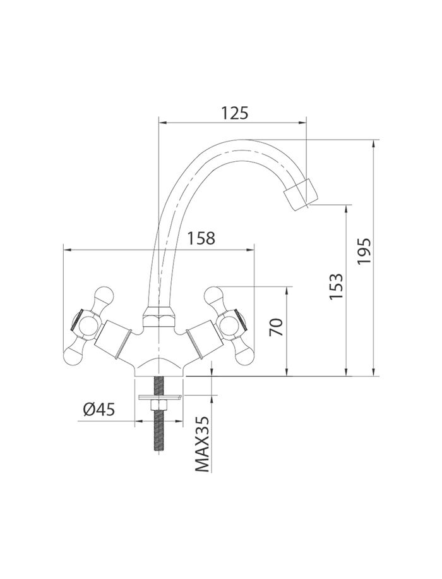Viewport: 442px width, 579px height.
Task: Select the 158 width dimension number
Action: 201,238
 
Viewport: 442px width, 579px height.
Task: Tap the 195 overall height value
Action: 364,251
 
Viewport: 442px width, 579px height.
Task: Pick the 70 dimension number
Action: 276,327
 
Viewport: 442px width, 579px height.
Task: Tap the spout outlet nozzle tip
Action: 301,194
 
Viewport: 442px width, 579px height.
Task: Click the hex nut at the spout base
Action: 158,317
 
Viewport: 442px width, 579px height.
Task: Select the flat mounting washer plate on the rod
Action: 159,398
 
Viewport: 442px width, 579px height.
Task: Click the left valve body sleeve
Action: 113,339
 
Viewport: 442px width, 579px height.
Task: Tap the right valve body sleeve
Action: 204,339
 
